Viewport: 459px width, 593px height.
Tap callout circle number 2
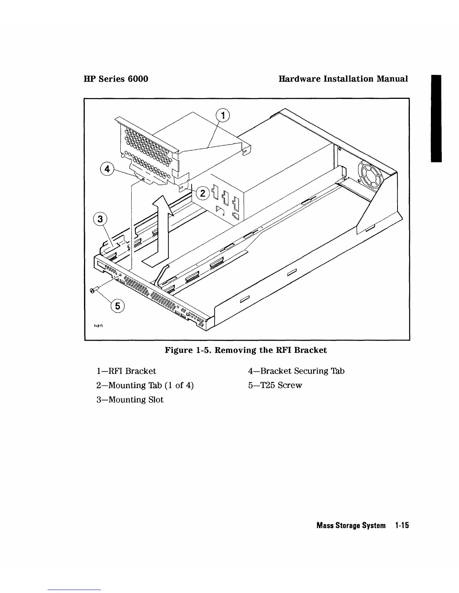point(202,193)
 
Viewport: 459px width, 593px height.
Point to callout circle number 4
point(107,169)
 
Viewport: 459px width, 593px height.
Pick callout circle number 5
point(117,306)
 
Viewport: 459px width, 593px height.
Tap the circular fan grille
point(371,174)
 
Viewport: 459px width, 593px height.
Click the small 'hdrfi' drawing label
point(98,325)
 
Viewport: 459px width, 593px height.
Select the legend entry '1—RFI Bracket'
point(126,371)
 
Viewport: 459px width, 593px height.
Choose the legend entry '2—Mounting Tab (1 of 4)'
point(145,385)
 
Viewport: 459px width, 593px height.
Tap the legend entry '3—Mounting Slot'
point(130,400)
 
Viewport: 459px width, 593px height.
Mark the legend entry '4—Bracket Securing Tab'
point(296,371)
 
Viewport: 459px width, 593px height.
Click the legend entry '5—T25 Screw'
point(275,385)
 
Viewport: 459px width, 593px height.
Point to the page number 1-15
point(402,526)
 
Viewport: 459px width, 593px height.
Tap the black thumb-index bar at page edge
point(436,118)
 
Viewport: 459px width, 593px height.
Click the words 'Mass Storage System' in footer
point(351,526)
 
